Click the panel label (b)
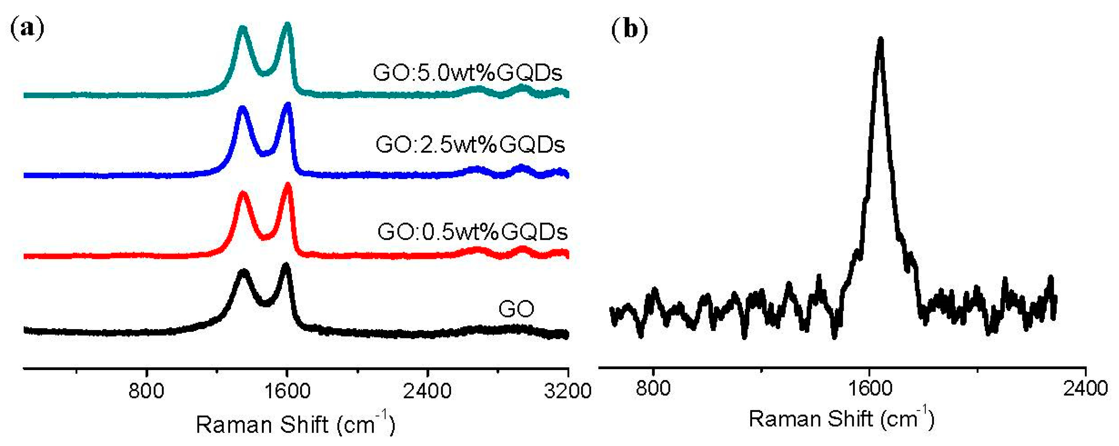click(x=629, y=29)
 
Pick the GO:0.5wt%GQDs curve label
click(x=472, y=231)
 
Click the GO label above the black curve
click(x=516, y=309)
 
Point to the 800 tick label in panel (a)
click(x=146, y=391)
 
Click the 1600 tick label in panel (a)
click(x=287, y=391)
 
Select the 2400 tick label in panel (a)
click(x=427, y=391)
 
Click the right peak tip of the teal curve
click(x=287, y=25)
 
